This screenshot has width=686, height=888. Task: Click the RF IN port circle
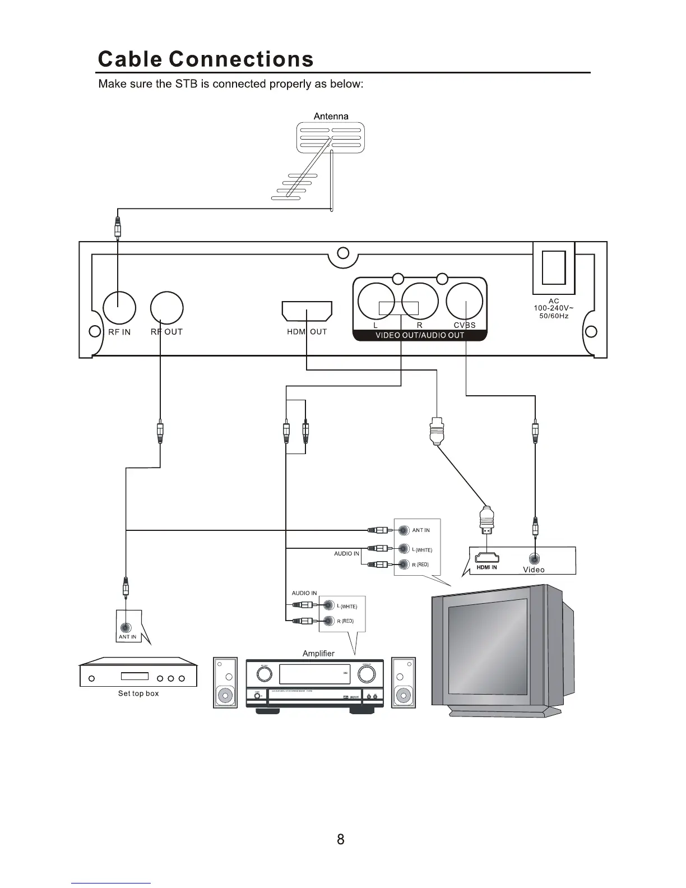point(119,308)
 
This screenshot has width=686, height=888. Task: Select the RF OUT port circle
point(167,308)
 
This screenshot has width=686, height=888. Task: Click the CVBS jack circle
point(465,301)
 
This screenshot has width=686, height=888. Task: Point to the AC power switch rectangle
point(553,267)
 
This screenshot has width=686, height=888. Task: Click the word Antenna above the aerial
point(331,116)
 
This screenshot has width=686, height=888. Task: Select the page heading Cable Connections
point(206,59)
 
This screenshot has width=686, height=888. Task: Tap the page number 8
point(341,839)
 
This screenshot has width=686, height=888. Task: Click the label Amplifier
point(318,654)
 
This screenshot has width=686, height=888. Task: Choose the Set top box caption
point(138,693)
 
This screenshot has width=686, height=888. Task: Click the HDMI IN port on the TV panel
point(487,558)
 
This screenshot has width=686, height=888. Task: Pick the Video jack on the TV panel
point(535,558)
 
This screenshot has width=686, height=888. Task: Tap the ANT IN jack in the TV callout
point(404,530)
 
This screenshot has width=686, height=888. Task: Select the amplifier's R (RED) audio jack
point(328,621)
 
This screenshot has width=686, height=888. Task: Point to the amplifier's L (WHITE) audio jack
point(328,605)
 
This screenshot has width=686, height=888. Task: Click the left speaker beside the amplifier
point(225,682)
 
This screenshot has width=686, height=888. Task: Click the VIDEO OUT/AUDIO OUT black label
point(419,335)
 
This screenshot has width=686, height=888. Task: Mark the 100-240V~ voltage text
point(553,308)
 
